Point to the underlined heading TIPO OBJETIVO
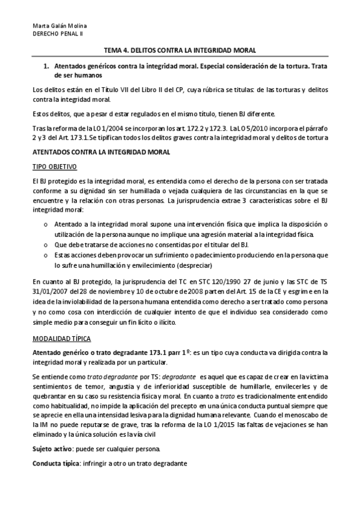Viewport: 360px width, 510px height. tap(54, 165)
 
